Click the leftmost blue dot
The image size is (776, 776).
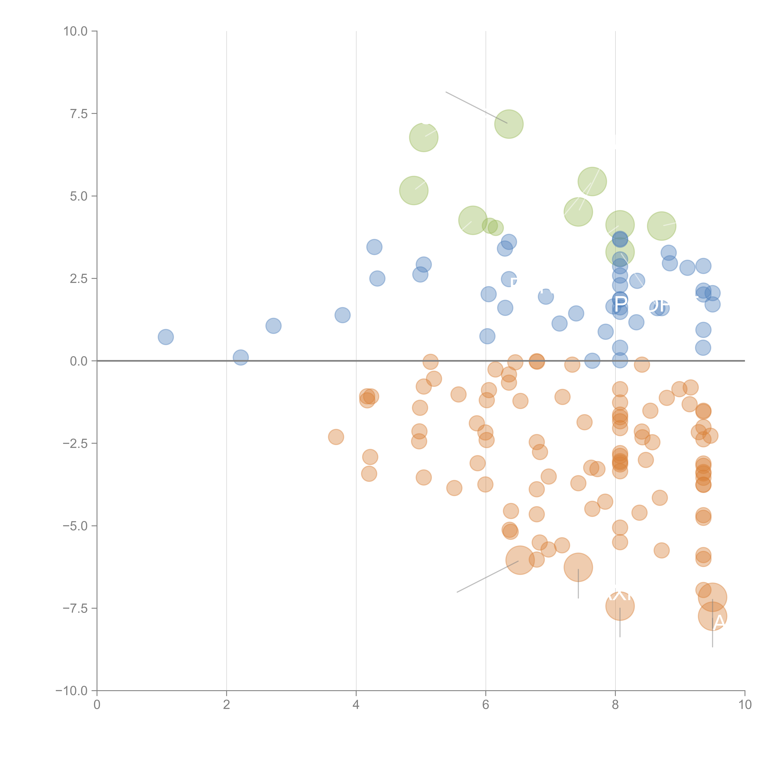165,337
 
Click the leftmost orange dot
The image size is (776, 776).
336,437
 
